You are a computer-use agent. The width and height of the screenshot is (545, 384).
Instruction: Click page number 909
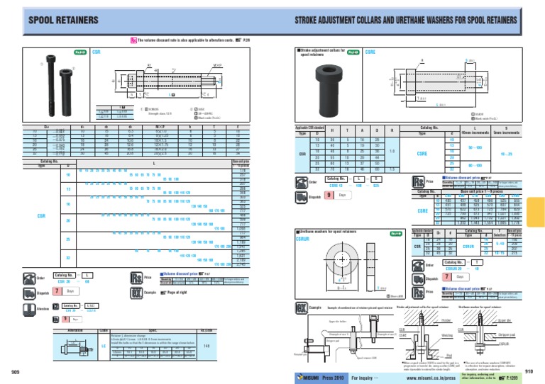pyautogui.click(x=13, y=371)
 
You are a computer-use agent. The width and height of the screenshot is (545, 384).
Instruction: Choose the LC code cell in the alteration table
pyautogui.click(x=104, y=346)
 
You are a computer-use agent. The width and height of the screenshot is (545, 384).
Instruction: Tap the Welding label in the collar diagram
pyautogui.click(x=427, y=337)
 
